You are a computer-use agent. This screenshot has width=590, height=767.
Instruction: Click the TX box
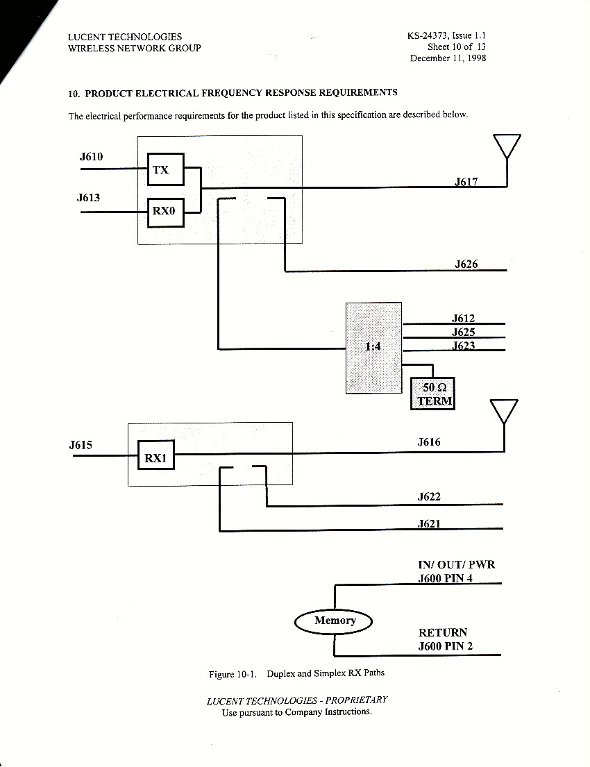click(x=166, y=169)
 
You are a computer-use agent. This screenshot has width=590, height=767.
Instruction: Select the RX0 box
click(x=166, y=211)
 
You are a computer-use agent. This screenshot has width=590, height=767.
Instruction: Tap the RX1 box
click(x=156, y=458)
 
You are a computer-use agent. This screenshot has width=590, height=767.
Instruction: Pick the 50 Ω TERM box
click(x=433, y=394)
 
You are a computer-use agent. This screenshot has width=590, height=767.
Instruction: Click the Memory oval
click(x=335, y=621)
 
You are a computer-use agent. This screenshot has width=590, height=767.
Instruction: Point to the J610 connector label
click(x=91, y=156)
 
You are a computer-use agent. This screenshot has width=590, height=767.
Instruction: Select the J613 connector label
click(x=88, y=198)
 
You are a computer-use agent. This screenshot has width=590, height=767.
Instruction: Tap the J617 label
click(x=466, y=182)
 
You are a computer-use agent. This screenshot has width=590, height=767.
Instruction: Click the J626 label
click(x=466, y=264)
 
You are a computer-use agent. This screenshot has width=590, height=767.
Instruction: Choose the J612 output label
click(x=463, y=319)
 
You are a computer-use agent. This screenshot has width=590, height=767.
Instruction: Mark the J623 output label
click(x=463, y=346)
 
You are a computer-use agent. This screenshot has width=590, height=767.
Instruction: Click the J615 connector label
click(x=81, y=445)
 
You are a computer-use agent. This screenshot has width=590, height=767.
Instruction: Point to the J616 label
click(x=429, y=441)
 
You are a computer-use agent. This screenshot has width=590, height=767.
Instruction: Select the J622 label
click(x=429, y=497)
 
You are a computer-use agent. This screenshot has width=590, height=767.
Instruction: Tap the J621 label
click(x=429, y=524)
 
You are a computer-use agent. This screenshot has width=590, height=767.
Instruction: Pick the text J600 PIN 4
click(x=446, y=578)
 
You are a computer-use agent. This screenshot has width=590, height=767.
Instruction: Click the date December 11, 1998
click(x=448, y=58)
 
